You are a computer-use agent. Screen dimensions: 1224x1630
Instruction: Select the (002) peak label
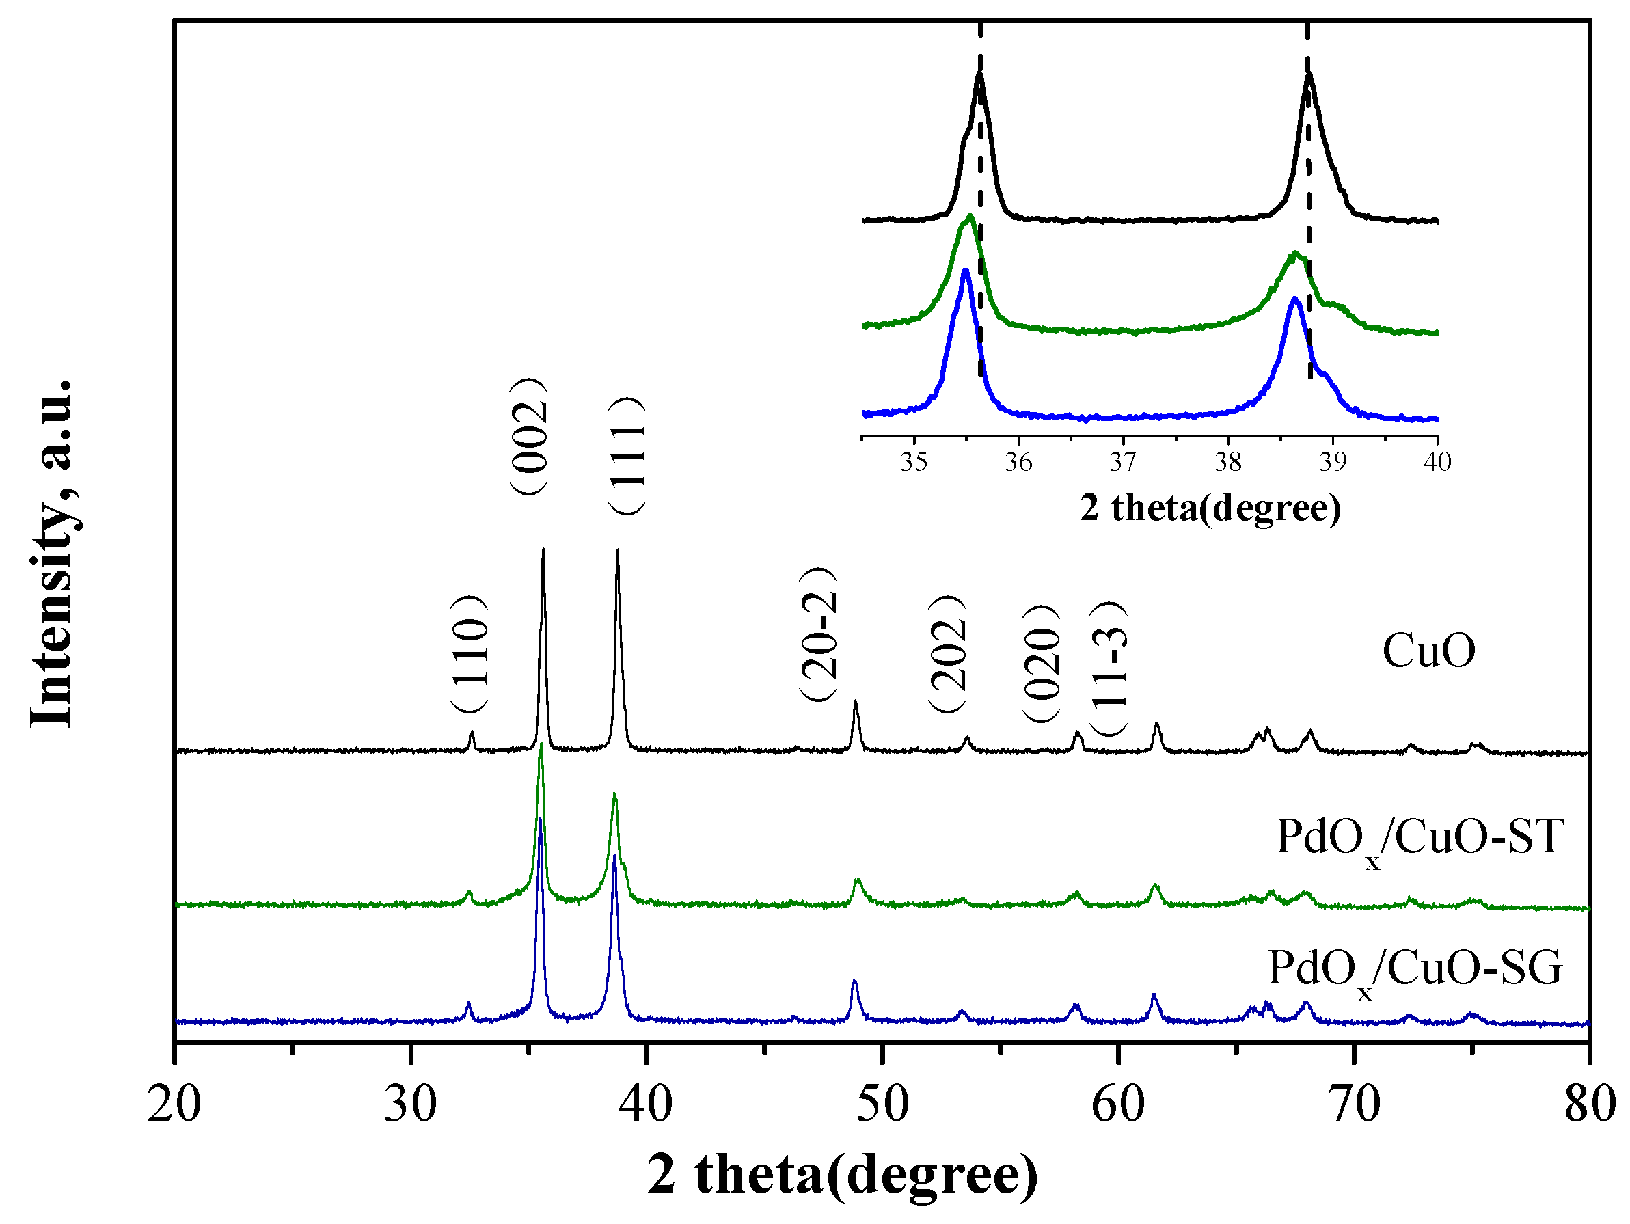coord(528,436)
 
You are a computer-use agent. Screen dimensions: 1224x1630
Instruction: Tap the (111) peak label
coord(627,455)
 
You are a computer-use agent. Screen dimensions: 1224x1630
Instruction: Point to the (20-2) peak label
coord(818,634)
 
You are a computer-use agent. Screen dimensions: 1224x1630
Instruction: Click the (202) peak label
coord(947,653)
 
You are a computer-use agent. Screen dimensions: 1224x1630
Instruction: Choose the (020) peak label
coord(1040,663)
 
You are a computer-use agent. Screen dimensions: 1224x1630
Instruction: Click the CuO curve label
coord(1428,651)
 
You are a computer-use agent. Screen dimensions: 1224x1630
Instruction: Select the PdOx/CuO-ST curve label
coord(1419,839)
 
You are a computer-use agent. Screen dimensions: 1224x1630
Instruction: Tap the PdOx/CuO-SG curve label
coord(1414,970)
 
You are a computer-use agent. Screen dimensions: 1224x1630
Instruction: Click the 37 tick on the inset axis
coord(1123,462)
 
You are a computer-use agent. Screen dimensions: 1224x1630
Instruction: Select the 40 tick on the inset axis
coord(1437,462)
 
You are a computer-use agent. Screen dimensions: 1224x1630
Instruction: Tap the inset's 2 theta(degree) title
coord(1210,508)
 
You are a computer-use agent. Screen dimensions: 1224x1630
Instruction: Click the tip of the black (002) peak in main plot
coord(543,550)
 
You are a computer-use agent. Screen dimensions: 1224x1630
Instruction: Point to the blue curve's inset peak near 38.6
coord(1294,299)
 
